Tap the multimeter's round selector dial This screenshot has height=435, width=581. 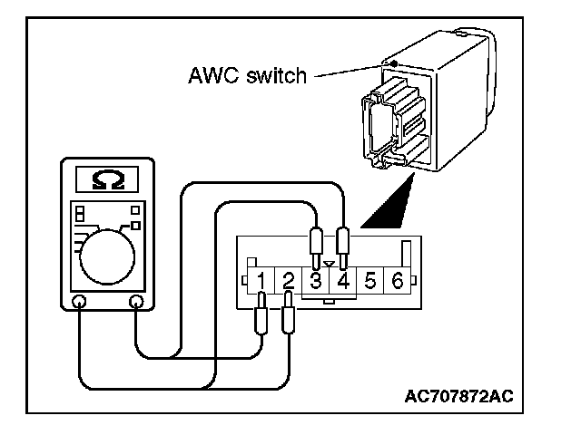[108, 255]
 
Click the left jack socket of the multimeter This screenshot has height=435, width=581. [79, 301]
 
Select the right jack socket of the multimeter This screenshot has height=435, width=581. [137, 301]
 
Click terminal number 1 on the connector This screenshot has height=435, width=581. [261, 281]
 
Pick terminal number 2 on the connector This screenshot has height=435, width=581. [288, 281]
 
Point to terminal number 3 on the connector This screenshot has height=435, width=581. [315, 281]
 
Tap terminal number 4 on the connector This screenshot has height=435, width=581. [342, 281]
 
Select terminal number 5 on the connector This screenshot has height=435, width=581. [369, 281]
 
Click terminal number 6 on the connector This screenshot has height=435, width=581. [397, 281]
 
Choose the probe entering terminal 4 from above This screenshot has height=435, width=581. [343, 242]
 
